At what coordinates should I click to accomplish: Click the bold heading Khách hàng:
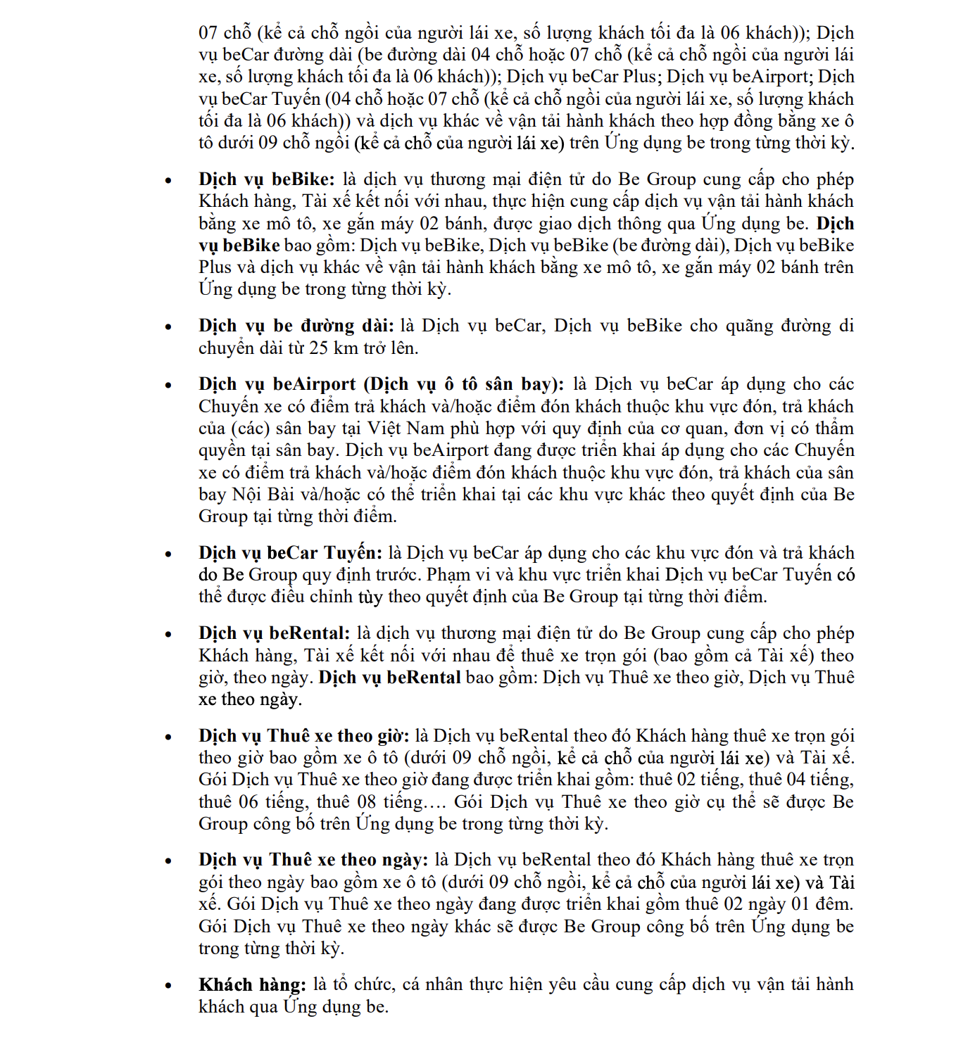[252, 984]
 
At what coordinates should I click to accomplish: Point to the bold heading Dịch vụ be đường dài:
[296, 326]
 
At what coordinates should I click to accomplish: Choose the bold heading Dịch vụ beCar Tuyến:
[290, 552]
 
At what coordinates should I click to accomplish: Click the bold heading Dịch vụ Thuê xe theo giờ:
[303, 735]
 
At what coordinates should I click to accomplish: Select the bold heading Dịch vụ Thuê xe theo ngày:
[313, 860]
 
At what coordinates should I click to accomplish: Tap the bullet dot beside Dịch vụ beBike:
[168, 180]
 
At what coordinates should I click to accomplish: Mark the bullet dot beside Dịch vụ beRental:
[168, 634]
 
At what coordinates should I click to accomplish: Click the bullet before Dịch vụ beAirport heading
[168, 385]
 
